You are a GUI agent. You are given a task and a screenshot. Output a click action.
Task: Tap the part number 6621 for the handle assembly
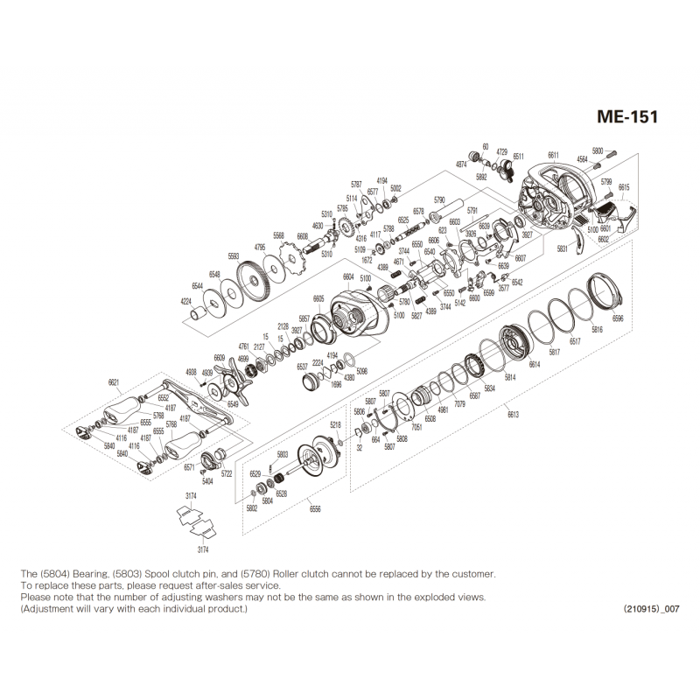[x=114, y=382]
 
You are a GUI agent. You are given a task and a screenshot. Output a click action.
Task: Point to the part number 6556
[x=315, y=507]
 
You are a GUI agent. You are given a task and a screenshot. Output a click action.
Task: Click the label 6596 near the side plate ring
[x=619, y=318]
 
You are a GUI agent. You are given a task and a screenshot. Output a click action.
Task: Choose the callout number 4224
[x=185, y=301]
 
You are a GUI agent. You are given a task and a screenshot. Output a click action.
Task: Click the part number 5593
[x=234, y=255]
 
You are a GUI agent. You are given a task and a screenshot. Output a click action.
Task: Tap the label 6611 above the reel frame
[x=554, y=155]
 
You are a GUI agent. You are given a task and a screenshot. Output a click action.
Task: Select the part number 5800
[x=598, y=150]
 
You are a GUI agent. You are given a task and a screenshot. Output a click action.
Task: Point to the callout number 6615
[x=624, y=187]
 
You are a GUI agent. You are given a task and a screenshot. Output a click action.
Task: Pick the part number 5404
[x=207, y=481]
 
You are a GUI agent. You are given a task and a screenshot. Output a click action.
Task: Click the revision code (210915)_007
[x=651, y=607]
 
